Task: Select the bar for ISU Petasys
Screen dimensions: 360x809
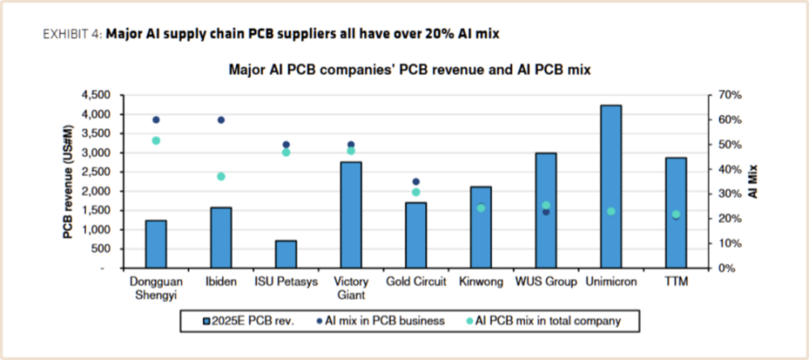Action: coord(286,254)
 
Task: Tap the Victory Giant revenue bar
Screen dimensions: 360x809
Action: coord(351,215)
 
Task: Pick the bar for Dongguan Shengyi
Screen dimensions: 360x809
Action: coord(156,244)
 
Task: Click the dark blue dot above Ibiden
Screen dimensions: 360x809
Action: coord(221,120)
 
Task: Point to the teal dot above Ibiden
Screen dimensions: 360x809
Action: coord(221,176)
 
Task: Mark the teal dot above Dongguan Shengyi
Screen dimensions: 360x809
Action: coord(156,140)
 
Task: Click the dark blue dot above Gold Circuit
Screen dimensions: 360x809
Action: coord(415,181)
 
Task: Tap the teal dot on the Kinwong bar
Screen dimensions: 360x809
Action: coord(480,208)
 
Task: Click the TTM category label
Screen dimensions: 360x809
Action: coord(675,282)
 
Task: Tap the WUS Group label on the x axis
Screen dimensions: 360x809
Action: coord(545,282)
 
